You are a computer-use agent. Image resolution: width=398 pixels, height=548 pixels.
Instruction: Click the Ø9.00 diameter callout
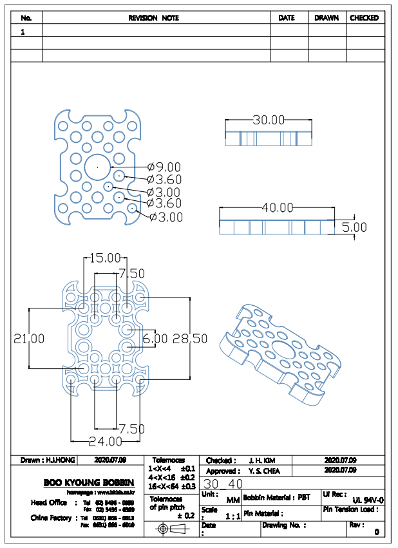[x=164, y=167]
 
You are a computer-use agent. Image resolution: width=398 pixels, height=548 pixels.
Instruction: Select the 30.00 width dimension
[x=268, y=120]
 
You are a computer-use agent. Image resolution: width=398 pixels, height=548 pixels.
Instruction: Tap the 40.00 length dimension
[x=277, y=207]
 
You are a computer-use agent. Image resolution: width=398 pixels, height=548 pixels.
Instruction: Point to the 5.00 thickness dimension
[x=354, y=227]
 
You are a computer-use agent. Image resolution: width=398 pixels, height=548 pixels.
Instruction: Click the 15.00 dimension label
[x=104, y=258]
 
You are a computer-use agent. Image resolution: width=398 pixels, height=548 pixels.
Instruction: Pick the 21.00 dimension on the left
[x=29, y=339]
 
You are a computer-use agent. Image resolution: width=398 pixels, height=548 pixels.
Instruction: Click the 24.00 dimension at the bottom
[x=105, y=442]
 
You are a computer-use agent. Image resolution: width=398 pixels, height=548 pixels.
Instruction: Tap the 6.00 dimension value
[x=155, y=339]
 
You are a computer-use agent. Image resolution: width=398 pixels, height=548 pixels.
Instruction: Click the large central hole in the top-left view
[x=97, y=166]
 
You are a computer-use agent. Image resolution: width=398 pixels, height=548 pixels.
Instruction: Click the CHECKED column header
[x=364, y=18]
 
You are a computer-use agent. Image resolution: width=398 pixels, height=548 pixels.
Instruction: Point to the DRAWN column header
[x=327, y=18]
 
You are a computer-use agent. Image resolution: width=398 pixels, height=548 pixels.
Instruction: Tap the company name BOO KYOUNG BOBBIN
[x=89, y=482]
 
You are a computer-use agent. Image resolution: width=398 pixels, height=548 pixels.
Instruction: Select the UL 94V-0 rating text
[x=368, y=500]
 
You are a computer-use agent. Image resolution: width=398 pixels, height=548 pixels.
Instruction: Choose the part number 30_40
[x=223, y=484]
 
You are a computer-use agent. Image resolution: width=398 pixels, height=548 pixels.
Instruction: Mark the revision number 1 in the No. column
[x=23, y=31]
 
